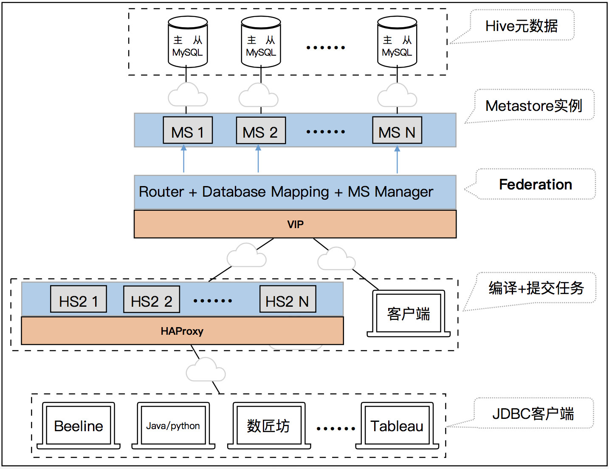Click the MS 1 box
point(188,130)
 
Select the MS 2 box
point(261,130)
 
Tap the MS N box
point(397,130)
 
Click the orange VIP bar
point(295,224)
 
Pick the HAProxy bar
point(182,331)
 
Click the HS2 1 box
point(79,299)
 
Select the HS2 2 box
point(152,299)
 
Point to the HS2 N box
point(288,299)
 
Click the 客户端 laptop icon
point(409,314)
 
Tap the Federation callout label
point(536,184)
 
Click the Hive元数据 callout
point(522,26)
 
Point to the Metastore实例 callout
point(534,105)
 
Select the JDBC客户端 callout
point(533,413)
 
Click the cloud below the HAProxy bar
point(206,370)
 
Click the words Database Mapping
point(265,192)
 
